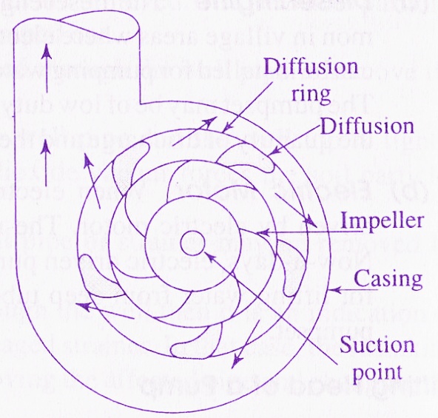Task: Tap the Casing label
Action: pos(388,280)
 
